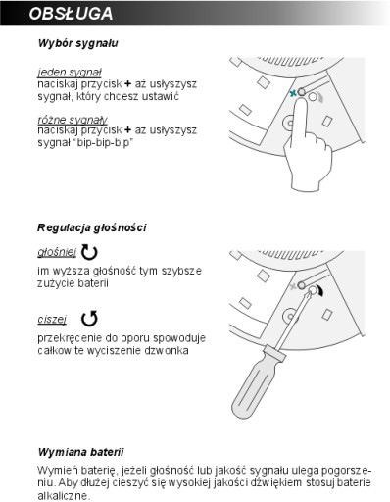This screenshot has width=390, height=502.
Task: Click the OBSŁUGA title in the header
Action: click(71, 14)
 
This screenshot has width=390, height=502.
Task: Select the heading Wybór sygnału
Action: click(77, 43)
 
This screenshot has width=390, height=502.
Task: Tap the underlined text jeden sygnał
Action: click(70, 73)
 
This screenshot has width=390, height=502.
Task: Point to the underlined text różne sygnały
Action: click(73, 120)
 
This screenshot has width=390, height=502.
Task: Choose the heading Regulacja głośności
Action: click(91, 227)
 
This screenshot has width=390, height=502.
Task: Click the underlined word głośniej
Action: click(57, 252)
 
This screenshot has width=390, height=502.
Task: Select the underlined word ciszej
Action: click(52, 319)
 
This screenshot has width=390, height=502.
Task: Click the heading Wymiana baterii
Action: click(80, 452)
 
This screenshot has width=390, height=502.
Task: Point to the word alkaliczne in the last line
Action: click(63, 495)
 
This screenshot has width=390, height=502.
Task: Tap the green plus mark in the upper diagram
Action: click(293, 93)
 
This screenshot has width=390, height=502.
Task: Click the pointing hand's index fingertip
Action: click(301, 101)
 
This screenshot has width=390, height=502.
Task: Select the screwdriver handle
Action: click(258, 383)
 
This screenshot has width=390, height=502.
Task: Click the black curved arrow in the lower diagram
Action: click(321, 291)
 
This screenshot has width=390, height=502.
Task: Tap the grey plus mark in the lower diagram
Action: click(293, 286)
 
